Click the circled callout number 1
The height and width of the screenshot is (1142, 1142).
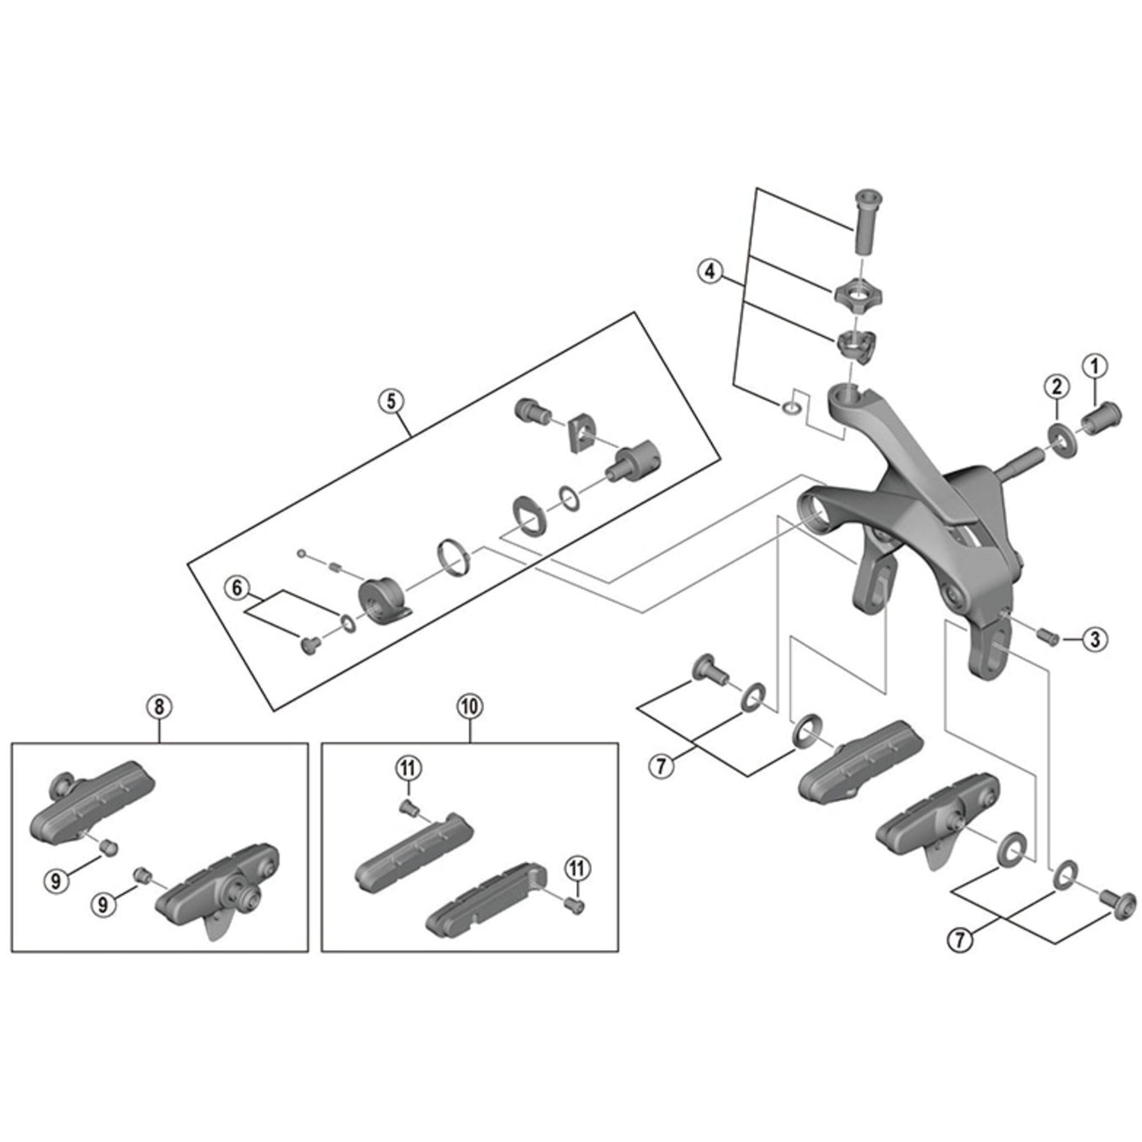click(1094, 366)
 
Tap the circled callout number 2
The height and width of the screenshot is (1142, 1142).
click(1057, 386)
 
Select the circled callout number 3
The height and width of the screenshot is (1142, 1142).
click(1095, 639)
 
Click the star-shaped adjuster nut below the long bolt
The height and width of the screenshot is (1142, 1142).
click(858, 294)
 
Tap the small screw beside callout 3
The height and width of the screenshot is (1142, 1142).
click(1048, 637)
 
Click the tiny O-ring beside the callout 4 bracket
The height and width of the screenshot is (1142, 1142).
click(791, 407)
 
